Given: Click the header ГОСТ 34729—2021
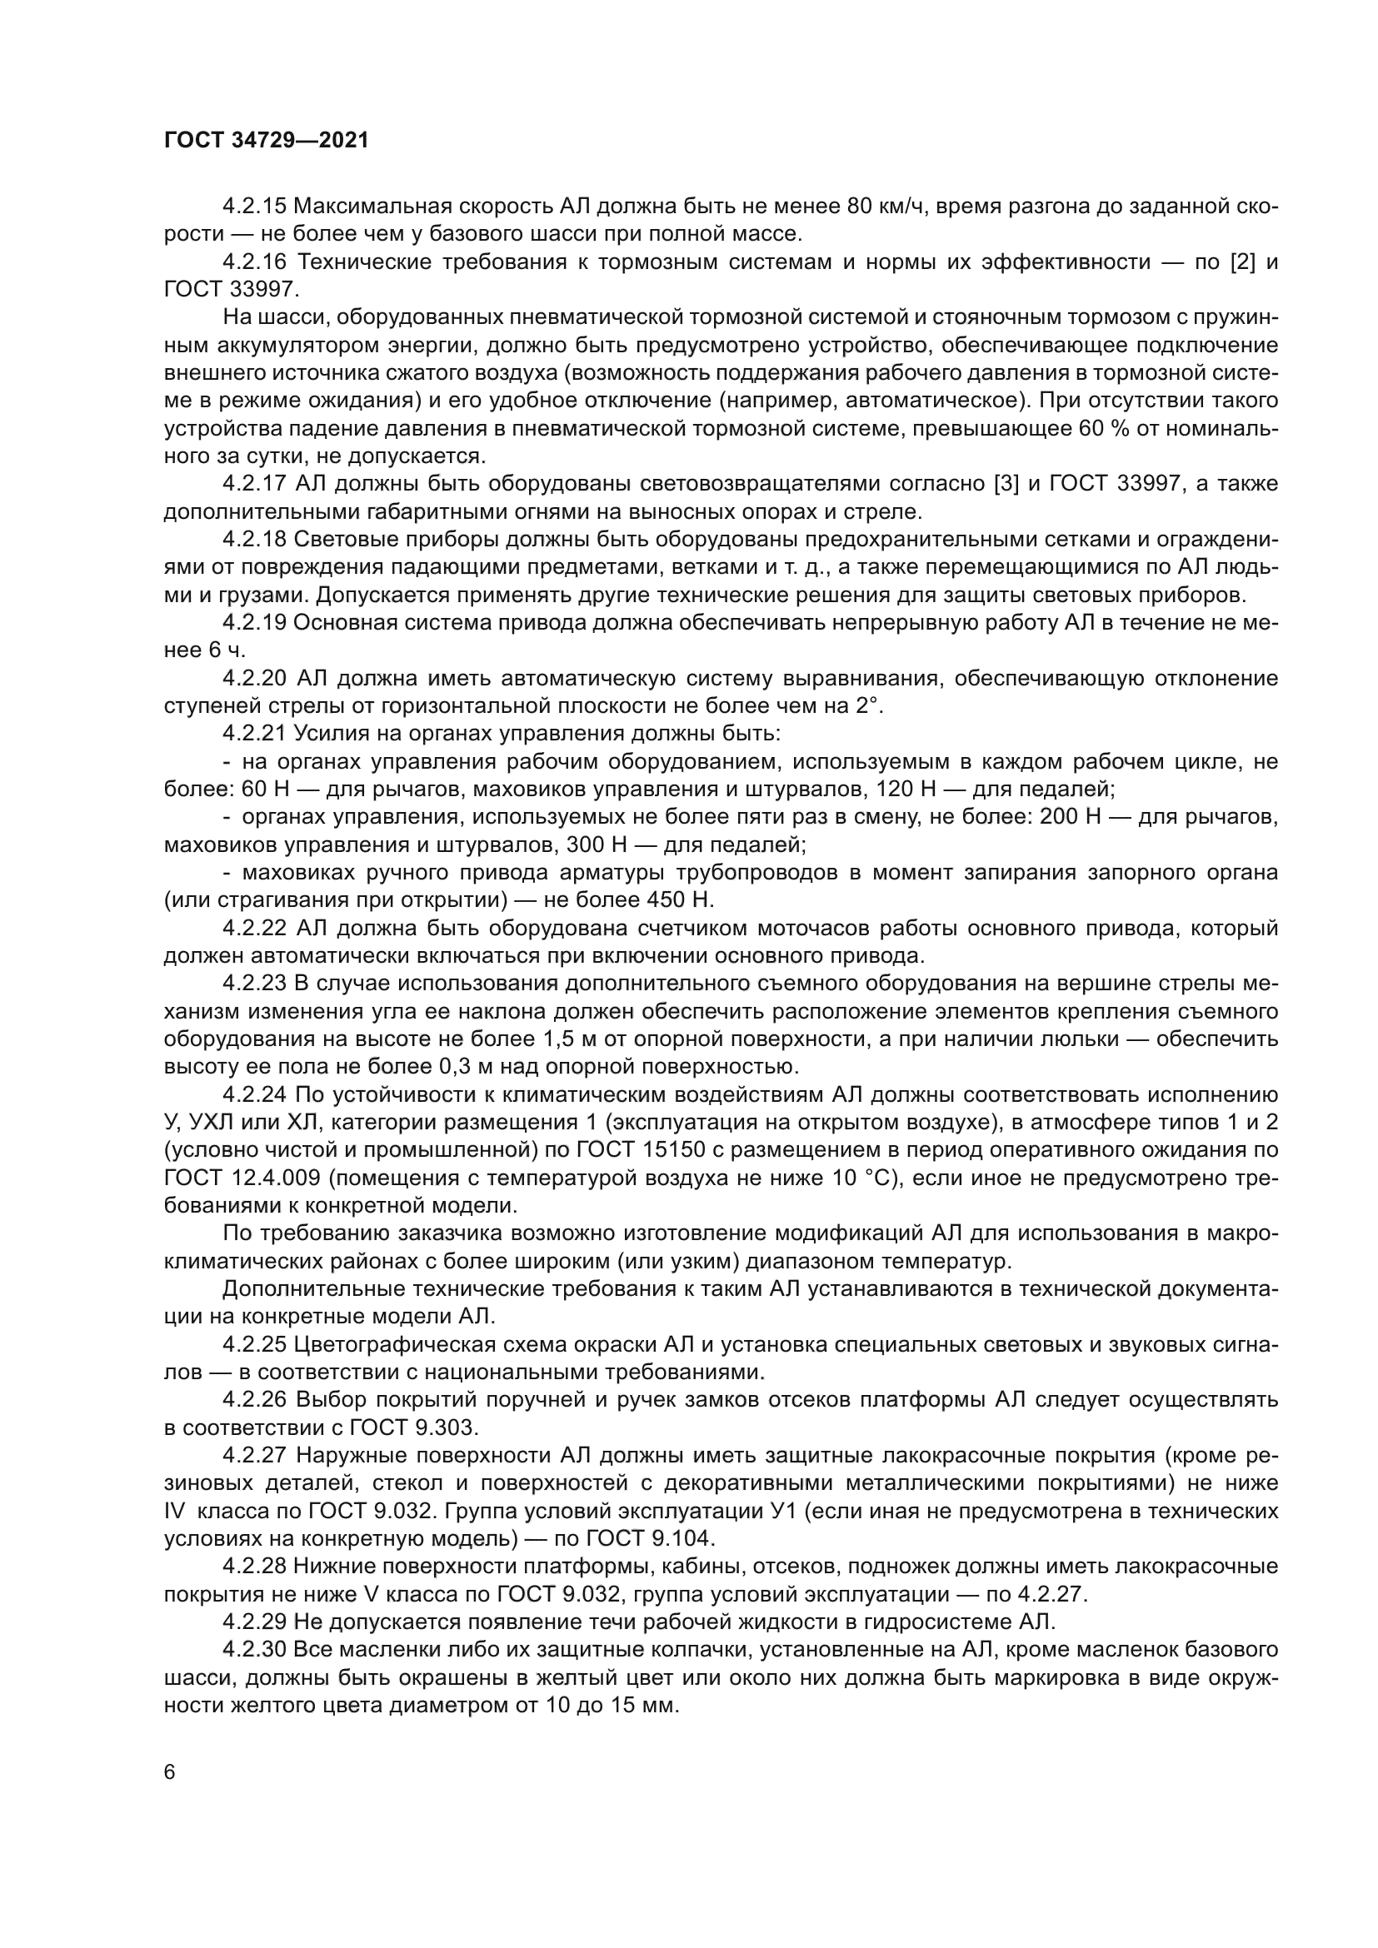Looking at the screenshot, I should [x=267, y=141].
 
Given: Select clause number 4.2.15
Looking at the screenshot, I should [x=255, y=207].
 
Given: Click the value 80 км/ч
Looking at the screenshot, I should [x=883, y=207].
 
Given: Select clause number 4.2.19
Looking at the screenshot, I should [x=255, y=623].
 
